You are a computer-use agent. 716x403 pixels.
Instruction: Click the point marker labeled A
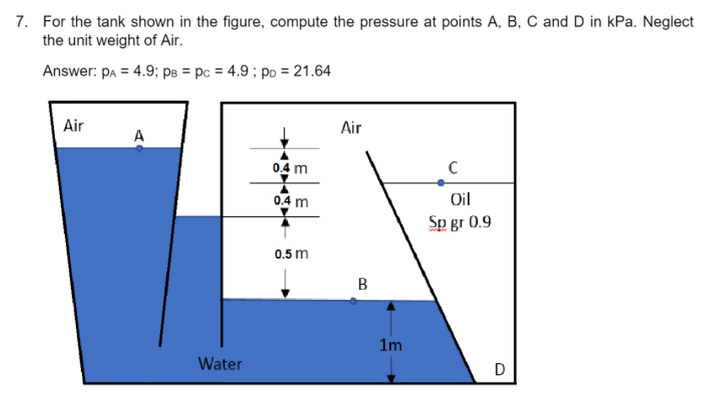pos(140,148)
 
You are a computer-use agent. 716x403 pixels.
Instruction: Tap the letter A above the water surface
pos(139,134)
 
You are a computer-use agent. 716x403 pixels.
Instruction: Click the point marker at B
pos(354,300)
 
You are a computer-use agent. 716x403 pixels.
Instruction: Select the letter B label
pos(362,284)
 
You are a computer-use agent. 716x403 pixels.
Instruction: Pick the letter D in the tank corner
pos(499,369)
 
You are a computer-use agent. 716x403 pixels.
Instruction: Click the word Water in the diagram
pos(220,364)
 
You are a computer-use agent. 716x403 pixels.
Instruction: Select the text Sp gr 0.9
pos(460,223)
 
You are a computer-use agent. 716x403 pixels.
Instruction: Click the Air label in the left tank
pos(73,126)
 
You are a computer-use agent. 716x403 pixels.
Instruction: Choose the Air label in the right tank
pos(351,128)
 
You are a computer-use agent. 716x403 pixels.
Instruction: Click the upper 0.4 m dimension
pos(290,168)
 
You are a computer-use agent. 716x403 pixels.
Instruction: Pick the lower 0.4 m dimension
pos(290,202)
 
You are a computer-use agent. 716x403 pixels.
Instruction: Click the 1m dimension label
pos(390,345)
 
